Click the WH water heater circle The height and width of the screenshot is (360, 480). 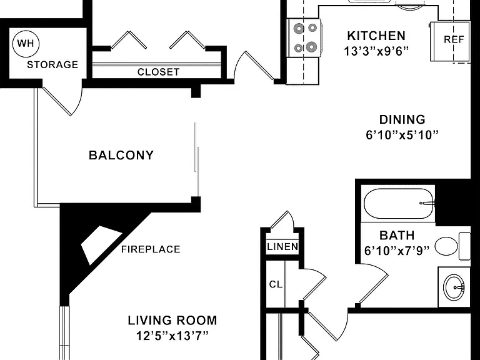coord(26,44)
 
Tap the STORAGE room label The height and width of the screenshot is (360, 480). coord(52,64)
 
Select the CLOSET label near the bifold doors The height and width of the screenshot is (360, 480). coord(158,72)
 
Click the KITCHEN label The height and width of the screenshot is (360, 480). coord(376,36)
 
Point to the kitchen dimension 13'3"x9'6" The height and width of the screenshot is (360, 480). coord(376,51)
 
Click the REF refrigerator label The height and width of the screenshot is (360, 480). coord(454,39)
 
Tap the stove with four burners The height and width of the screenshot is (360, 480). coord(304,38)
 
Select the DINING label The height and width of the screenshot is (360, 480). coord(402,119)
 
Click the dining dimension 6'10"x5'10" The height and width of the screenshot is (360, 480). coord(402,135)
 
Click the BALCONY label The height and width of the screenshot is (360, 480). coord(121,155)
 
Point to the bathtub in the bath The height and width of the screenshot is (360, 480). coord(399,203)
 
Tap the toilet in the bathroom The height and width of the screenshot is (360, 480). coord(452,246)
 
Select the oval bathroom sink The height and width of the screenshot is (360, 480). coord(454,287)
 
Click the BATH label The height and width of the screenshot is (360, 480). coord(397,236)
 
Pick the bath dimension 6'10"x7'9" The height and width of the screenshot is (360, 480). coord(397,251)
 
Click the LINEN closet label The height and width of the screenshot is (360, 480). coord(282,247)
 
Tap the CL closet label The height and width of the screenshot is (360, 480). coord(276,285)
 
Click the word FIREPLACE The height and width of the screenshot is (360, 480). coord(151,249)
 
